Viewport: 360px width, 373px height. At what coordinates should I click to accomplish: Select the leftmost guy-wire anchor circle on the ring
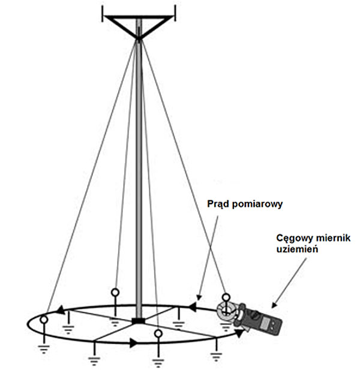point(43,321)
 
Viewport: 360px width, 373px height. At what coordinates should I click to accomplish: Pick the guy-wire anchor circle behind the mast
point(115,293)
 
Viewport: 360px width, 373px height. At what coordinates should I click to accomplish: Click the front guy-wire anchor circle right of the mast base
point(158,333)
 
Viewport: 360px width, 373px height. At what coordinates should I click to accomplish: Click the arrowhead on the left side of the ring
point(60,311)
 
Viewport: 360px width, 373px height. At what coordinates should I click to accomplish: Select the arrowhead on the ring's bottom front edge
point(133,342)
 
